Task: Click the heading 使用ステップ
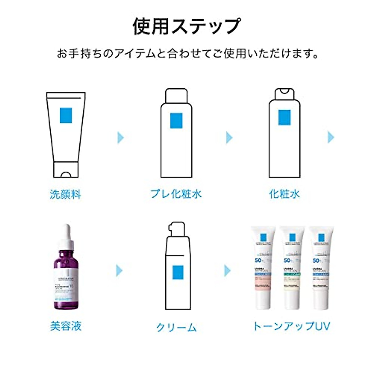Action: click(x=186, y=26)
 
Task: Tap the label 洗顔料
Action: click(x=65, y=194)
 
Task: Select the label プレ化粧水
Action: click(x=176, y=194)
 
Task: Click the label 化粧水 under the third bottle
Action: click(x=284, y=194)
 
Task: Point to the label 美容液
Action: click(x=66, y=326)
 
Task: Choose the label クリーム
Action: click(x=176, y=327)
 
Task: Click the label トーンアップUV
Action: click(x=291, y=326)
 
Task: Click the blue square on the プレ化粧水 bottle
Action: click(x=176, y=120)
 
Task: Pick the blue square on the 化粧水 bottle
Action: click(x=284, y=117)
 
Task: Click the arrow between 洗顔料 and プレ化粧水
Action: click(x=121, y=137)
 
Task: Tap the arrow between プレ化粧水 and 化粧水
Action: click(x=229, y=137)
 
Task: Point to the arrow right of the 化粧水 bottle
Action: click(x=331, y=137)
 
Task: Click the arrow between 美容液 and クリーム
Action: click(x=119, y=270)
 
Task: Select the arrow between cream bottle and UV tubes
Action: click(x=228, y=270)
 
